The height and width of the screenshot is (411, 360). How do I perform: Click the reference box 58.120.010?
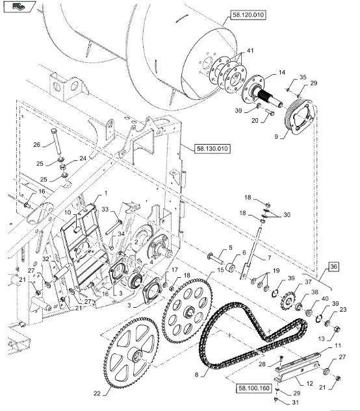pyautogui.click(x=248, y=15)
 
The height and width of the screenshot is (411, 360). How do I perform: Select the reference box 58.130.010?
pyautogui.click(x=212, y=149)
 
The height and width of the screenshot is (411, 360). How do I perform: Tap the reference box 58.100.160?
pyautogui.click(x=254, y=388)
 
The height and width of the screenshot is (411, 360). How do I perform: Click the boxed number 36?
pyautogui.click(x=333, y=267)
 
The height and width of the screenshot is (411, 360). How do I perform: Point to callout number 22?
pyautogui.click(x=97, y=393)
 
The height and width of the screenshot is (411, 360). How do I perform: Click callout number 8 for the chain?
pyautogui.click(x=197, y=375)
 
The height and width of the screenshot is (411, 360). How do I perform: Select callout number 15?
pyautogui.click(x=221, y=270)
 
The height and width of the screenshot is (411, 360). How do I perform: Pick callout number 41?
pyautogui.click(x=250, y=50)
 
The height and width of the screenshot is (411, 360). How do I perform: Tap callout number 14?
pyautogui.click(x=282, y=72)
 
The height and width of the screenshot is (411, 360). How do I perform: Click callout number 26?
pyautogui.click(x=37, y=144)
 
